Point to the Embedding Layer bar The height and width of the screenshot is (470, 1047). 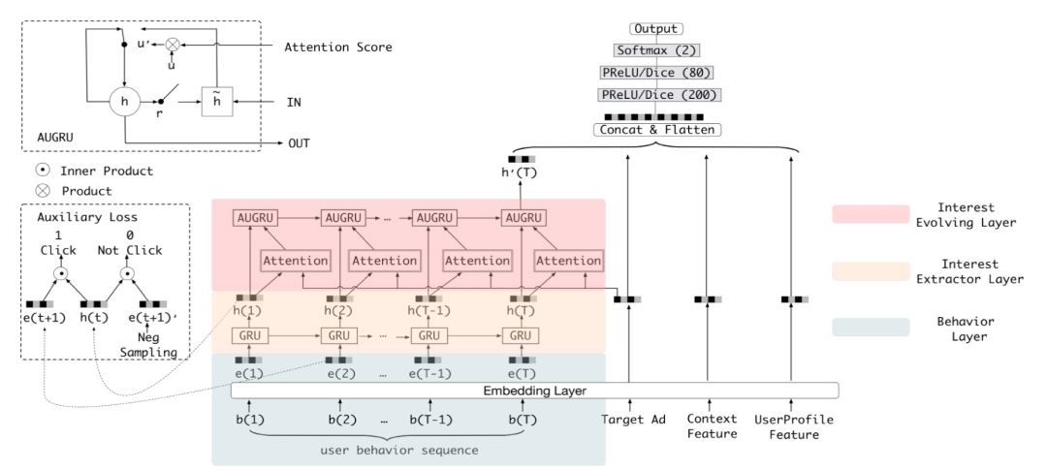click(x=534, y=391)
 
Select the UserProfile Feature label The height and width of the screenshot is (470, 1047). click(x=793, y=426)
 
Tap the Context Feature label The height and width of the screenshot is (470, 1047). click(x=712, y=426)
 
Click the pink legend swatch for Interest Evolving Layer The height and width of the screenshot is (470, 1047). click(x=870, y=214)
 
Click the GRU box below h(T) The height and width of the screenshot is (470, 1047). click(x=522, y=335)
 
